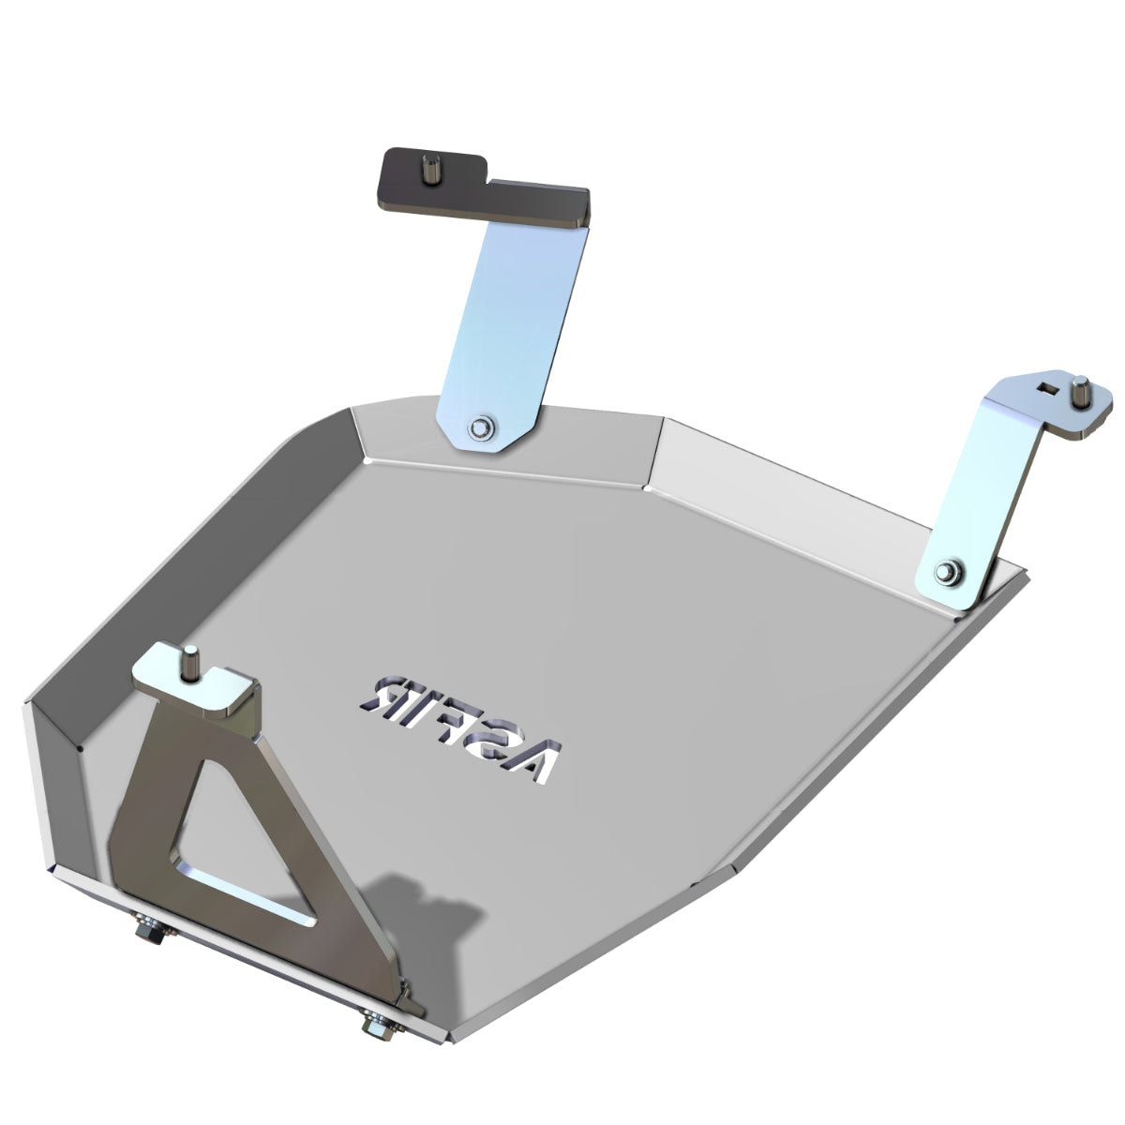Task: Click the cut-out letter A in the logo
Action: pyautogui.click(x=541, y=760)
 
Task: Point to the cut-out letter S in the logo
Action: pyautogui.click(x=497, y=740)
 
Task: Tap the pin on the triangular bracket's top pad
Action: pyautogui.click(x=189, y=663)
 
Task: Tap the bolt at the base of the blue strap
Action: pyautogui.click(x=480, y=427)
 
